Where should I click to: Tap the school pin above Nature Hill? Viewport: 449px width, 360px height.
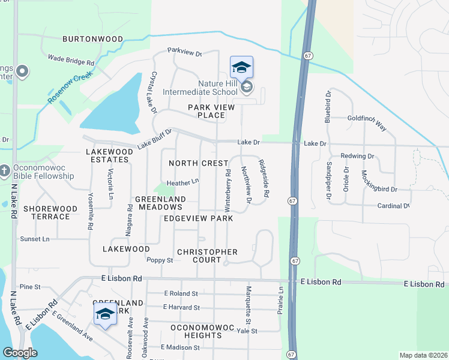241,67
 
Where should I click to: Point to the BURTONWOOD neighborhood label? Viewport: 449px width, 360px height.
92,39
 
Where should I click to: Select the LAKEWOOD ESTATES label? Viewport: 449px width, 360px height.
108,156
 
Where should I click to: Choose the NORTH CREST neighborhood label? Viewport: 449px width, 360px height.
199,163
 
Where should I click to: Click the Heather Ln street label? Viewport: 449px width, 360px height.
182,182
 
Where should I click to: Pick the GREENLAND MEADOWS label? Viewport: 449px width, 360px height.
160,203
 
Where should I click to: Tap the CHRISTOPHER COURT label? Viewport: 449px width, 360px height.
208,256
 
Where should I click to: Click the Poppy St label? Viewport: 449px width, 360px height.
160,260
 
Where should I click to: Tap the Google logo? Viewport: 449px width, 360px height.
20,353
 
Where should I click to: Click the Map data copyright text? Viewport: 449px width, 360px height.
423,355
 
